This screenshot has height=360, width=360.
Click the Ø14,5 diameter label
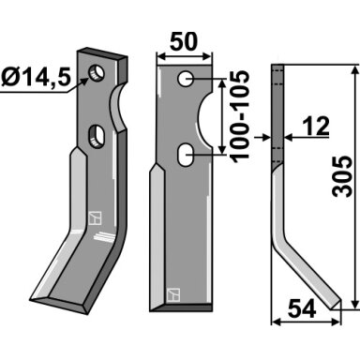(x=36, y=77)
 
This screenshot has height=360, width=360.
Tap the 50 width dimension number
(x=184, y=41)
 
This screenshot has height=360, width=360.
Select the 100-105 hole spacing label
(x=240, y=116)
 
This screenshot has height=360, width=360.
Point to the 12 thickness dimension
(x=316, y=126)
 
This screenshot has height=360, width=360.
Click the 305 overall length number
(x=342, y=176)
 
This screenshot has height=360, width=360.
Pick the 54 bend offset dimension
(x=302, y=308)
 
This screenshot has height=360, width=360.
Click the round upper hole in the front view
(x=186, y=78)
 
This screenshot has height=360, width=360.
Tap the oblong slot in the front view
(x=185, y=154)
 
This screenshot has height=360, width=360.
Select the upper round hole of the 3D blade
(x=97, y=73)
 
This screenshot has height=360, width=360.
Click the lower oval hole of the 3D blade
(x=97, y=137)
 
